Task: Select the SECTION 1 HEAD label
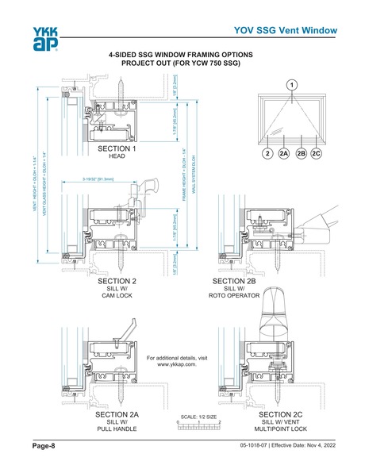(x=117, y=152)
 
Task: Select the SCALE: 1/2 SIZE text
(x=198, y=415)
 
